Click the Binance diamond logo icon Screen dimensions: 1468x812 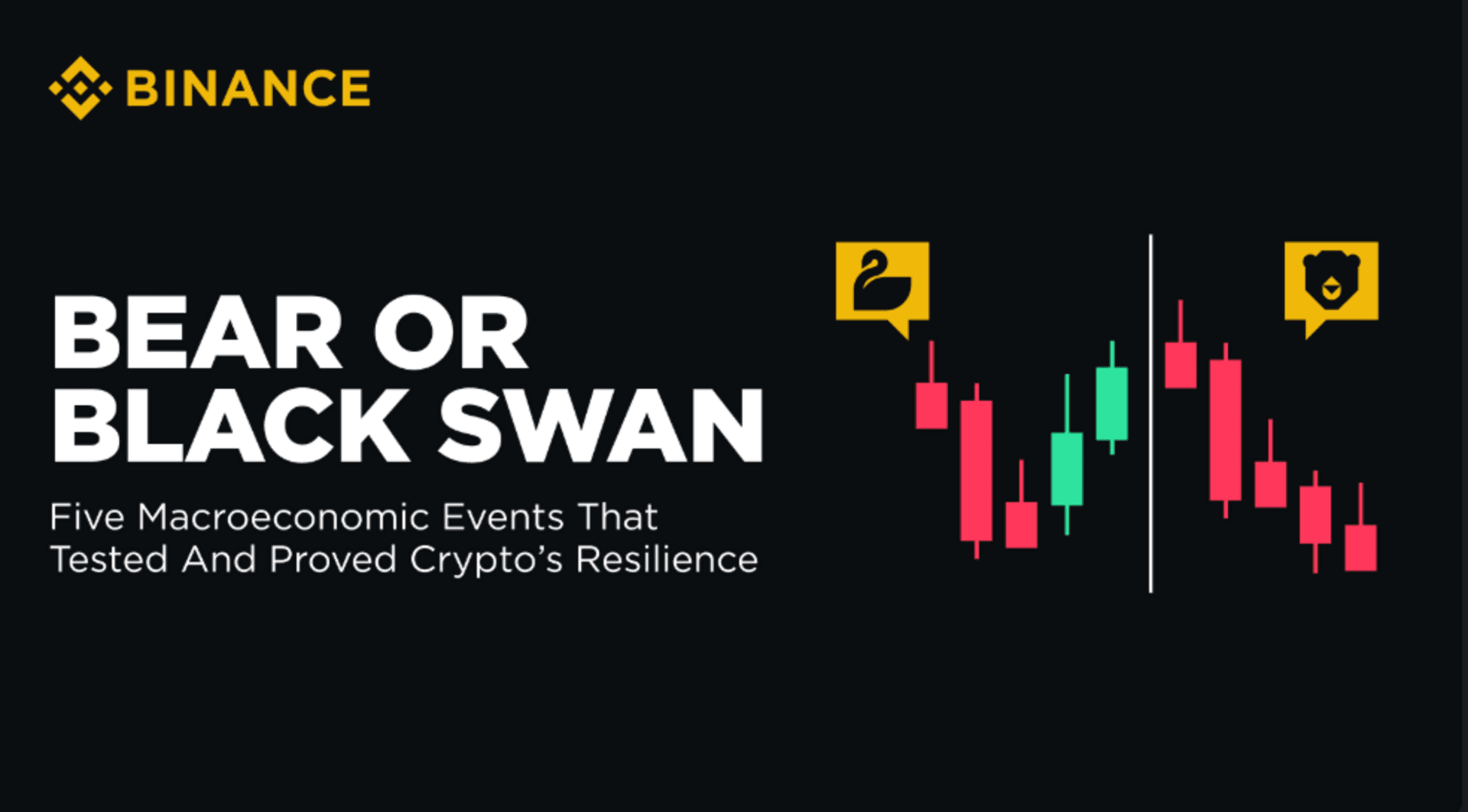pos(80,88)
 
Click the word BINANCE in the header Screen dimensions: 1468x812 pos(248,89)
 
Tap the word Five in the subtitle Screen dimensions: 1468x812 pos(87,517)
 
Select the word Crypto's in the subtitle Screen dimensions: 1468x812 pos(486,560)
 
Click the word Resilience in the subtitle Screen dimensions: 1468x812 pos(667,559)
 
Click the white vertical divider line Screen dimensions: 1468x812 pos(1151,414)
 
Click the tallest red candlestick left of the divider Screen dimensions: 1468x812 pos(976,470)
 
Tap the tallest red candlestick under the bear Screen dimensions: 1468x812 pos(1226,430)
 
